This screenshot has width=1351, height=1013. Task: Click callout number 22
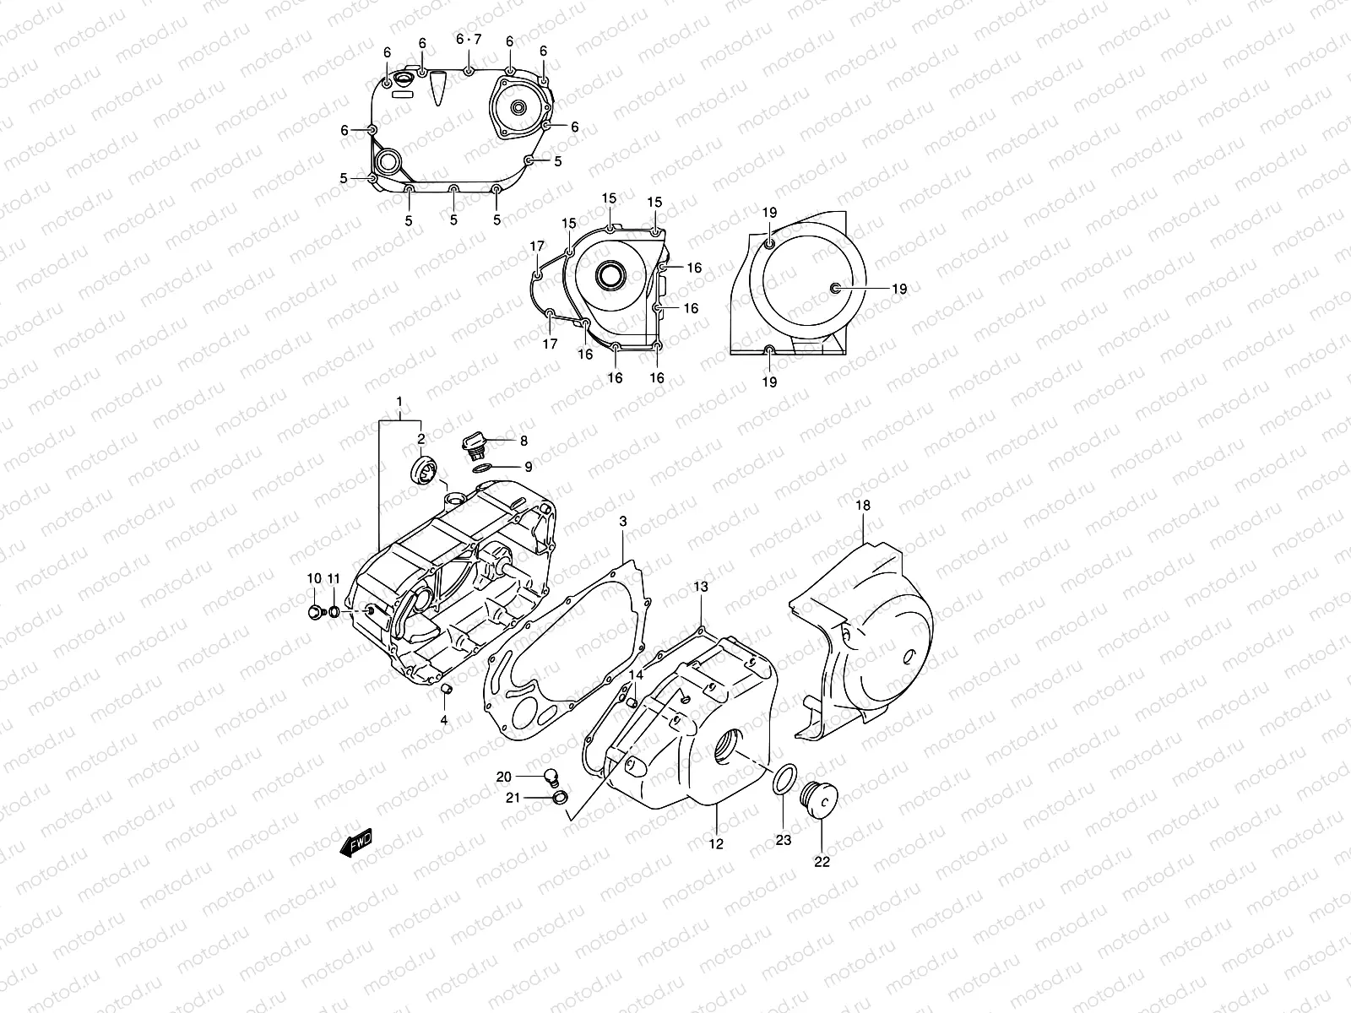(822, 862)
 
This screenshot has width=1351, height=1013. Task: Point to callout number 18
(862, 506)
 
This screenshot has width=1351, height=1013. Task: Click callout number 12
(716, 843)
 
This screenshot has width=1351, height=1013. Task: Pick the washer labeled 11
(335, 612)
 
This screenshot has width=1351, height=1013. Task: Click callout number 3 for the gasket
(623, 523)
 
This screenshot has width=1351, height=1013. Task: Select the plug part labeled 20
(551, 776)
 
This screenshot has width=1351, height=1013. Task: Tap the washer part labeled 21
(558, 798)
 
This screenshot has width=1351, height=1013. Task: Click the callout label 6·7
(468, 40)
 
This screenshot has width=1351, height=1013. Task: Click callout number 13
(702, 586)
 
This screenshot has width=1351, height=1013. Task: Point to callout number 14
(635, 675)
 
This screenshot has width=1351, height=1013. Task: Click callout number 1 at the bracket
(399, 401)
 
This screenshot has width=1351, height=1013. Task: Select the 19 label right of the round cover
(898, 289)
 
